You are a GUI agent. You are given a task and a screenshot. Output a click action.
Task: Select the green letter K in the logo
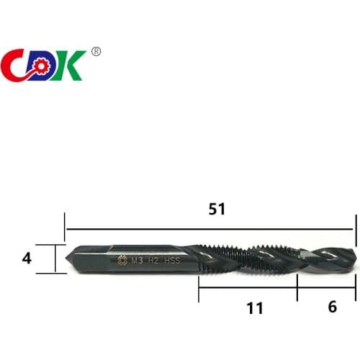point(74,66)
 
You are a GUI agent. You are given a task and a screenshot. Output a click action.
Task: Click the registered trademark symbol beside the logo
point(96,51)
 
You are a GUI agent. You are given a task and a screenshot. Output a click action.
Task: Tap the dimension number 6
point(332,306)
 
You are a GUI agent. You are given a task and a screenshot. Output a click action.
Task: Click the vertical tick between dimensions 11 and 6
point(297,288)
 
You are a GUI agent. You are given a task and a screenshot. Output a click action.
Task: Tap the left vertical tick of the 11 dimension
point(199,288)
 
